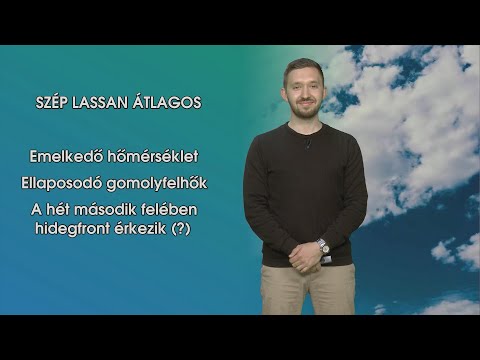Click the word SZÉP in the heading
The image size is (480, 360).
coord(53,102)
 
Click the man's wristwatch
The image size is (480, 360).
coord(323,245)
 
